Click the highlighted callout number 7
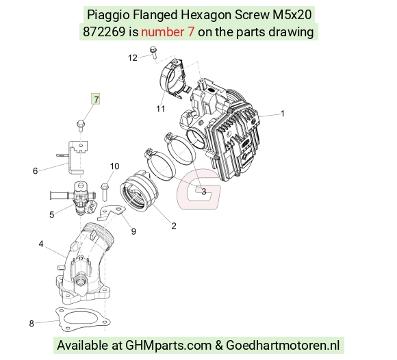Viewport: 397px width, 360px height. [96, 99]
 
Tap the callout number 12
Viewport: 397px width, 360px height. [133, 58]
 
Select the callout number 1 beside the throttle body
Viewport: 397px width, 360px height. [283, 113]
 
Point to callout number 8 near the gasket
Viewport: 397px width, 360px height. [31, 323]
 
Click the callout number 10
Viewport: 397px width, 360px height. [114, 166]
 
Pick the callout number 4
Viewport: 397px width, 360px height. [41, 244]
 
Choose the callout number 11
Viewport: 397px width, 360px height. [161, 109]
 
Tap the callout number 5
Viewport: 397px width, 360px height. [51, 215]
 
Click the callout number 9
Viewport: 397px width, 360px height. [133, 231]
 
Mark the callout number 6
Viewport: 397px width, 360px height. [35, 171]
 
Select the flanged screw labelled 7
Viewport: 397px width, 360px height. [81, 125]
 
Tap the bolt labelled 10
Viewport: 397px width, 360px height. [105, 192]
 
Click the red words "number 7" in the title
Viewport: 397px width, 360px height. [168, 32]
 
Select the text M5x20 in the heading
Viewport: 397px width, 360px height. [292, 14]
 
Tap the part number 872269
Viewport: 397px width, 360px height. [104, 32]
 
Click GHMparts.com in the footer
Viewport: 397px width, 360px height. [168, 346]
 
